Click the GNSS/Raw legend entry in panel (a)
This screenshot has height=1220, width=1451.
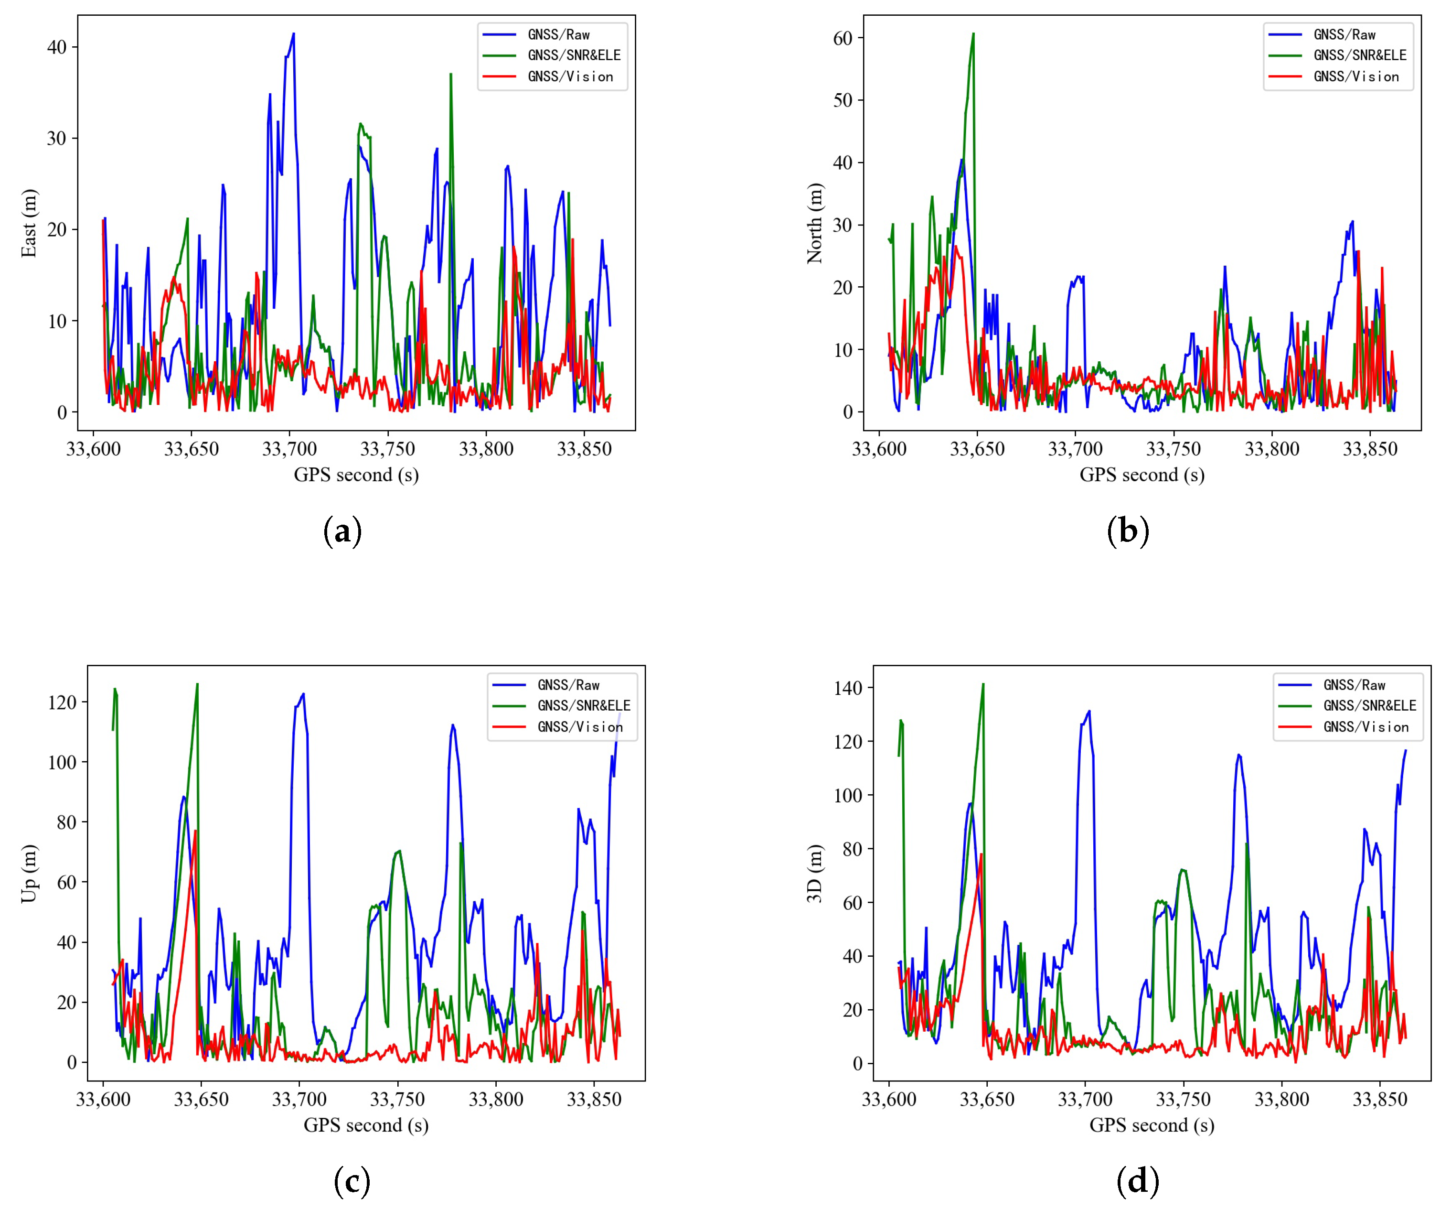(558, 34)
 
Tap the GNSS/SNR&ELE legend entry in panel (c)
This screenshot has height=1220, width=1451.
(584, 705)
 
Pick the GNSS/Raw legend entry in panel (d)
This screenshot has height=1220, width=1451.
(1354, 685)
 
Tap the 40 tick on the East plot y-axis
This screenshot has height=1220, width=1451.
(57, 47)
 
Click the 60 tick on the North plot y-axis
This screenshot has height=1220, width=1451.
(843, 38)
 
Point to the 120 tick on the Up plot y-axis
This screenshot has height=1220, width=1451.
(62, 702)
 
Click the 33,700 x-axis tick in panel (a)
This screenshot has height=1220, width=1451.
(289, 449)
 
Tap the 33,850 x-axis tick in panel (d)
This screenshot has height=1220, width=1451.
(1379, 1100)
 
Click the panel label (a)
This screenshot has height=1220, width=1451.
(342, 531)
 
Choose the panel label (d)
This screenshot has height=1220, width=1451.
(1137, 1181)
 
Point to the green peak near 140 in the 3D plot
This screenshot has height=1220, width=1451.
(982, 685)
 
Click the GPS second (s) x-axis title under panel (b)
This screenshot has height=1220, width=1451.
(1142, 475)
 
